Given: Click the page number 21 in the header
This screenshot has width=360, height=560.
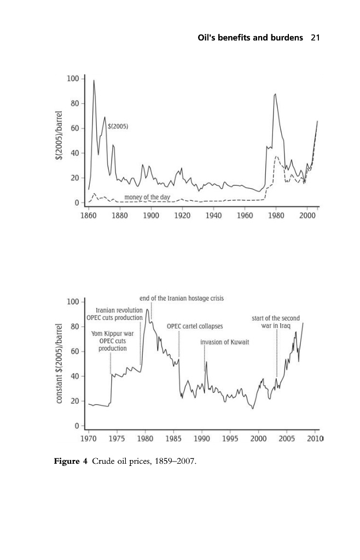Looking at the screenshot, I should tap(315, 38).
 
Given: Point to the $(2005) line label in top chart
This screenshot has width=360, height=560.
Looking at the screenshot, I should tap(118, 126).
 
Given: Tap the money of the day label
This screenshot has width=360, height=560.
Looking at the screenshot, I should tap(147, 197).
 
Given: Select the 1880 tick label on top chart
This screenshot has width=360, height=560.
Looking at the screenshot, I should tap(120, 216).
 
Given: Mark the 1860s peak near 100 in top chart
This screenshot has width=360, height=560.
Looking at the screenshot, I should tap(94, 81).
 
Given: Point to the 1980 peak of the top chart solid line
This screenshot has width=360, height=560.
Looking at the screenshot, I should tap(275, 94).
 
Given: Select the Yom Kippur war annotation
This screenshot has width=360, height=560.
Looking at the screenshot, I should tap(113, 341).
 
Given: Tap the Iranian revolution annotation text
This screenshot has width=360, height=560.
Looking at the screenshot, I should tap(119, 310).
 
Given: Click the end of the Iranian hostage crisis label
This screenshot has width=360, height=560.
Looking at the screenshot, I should tap(182, 299).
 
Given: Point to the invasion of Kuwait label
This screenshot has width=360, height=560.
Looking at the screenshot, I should tap(225, 342).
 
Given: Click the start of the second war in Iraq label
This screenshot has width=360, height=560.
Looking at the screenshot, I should tap(276, 322).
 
